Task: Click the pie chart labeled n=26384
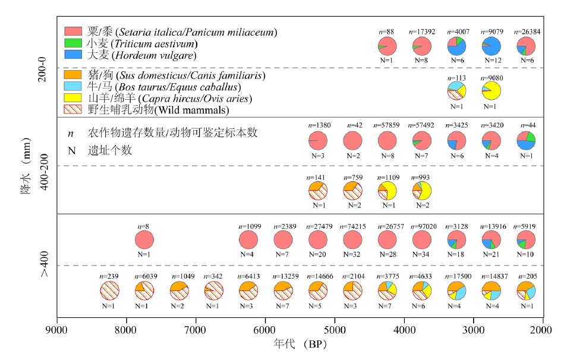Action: coord(526,46)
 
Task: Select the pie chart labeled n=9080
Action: coord(491,90)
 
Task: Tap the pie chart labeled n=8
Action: coord(144,240)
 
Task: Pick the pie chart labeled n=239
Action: coord(110,290)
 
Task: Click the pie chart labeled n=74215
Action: coord(352,240)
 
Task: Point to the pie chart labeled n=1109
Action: coord(387,191)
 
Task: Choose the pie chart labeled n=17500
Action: coord(457,290)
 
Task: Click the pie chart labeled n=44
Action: coord(526,141)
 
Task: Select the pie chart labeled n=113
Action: coord(456,90)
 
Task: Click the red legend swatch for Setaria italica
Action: coord(73,31)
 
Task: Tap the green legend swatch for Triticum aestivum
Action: coord(73,43)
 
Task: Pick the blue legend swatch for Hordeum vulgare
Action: coord(73,55)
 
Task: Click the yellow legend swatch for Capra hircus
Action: coord(73,98)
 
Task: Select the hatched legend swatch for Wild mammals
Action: coord(73,110)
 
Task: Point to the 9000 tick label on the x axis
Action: coord(56,330)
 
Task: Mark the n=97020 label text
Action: coord(422,226)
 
